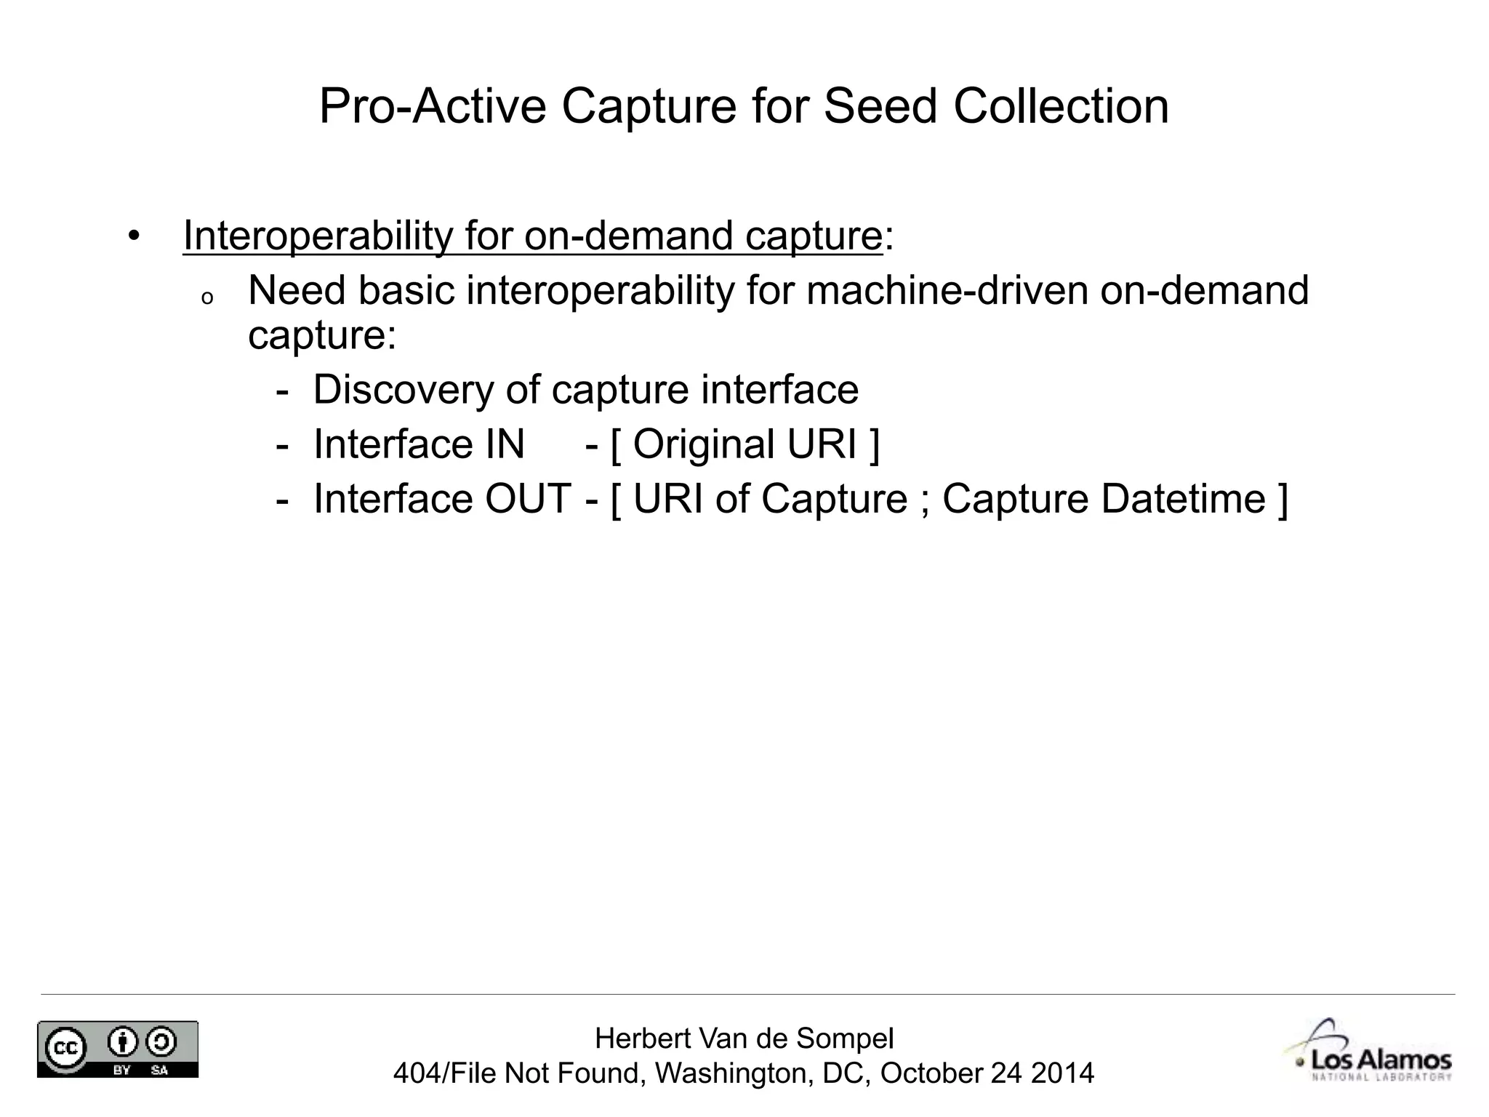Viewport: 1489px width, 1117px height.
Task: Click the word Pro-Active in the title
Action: [x=432, y=106]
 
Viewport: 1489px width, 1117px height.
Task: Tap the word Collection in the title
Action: [x=1061, y=106]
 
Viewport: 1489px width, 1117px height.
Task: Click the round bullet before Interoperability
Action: [x=132, y=236]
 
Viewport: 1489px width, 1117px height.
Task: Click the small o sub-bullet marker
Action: [x=207, y=298]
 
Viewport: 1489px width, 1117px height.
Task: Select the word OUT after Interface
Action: [x=528, y=499]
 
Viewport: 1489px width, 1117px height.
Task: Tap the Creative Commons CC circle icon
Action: [x=65, y=1047]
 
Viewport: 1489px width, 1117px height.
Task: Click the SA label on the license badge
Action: [x=159, y=1070]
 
